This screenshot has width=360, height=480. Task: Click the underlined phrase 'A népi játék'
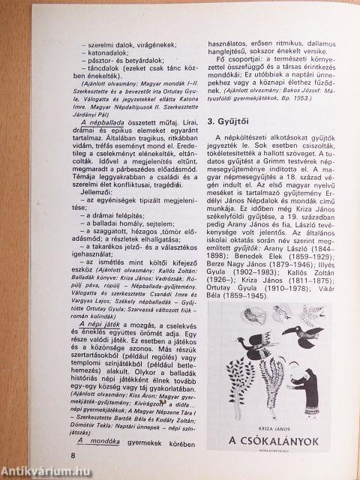111,359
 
